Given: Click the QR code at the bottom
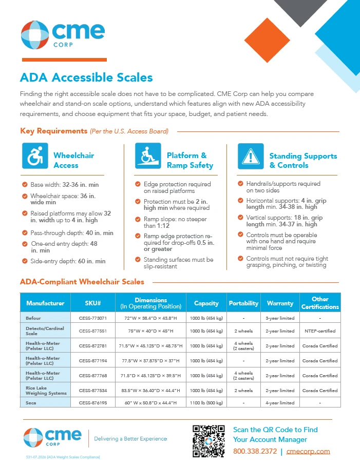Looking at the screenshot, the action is (x=209, y=441).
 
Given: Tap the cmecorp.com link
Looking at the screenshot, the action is (x=308, y=451).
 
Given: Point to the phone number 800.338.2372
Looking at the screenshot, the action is (x=255, y=451).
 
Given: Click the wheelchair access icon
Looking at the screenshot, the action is (x=35, y=156).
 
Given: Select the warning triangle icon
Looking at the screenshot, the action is (x=251, y=157).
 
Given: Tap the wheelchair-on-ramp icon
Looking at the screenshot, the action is (x=148, y=156).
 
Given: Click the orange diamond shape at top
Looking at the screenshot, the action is (x=267, y=40).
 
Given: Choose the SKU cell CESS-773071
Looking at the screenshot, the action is (x=93, y=318).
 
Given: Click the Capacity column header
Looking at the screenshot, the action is (x=206, y=303).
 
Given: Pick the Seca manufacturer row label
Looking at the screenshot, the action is (x=31, y=403).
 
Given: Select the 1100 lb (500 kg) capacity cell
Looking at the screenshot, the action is (x=206, y=403).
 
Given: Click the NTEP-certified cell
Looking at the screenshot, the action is (x=320, y=331).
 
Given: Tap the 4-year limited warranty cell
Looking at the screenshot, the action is (x=280, y=403).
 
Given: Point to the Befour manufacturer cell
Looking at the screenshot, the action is (x=33, y=318).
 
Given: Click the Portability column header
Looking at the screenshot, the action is (x=243, y=303).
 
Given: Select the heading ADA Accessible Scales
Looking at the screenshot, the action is (x=86, y=77).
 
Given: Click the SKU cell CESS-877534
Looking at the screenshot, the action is (x=93, y=391).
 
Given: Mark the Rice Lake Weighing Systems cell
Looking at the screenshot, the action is (x=46, y=391).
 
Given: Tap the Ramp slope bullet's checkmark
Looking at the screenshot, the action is (x=138, y=219).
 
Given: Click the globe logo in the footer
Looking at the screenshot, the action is (x=33, y=437).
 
